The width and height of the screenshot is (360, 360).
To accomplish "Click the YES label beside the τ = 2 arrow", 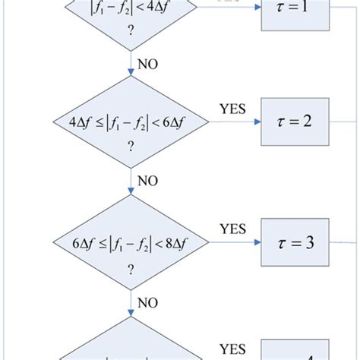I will point(232,109).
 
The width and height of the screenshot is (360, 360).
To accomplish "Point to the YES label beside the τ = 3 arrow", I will point(233,228).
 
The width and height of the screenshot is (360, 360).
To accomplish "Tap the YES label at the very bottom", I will point(233,349).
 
